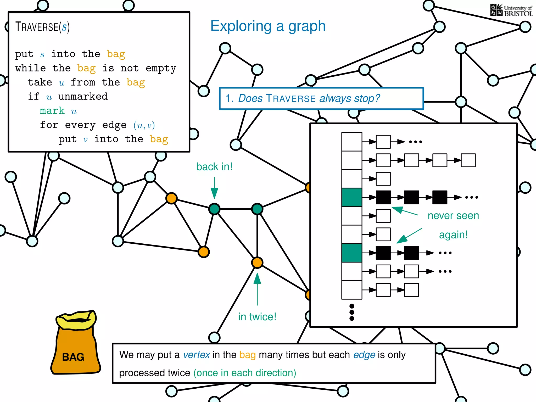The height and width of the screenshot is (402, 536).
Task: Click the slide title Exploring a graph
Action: (x=268, y=26)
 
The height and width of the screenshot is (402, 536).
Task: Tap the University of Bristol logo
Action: (x=511, y=10)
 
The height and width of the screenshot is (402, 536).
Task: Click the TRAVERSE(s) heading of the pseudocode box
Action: (x=42, y=27)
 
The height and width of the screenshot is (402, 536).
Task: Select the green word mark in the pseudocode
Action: (x=52, y=111)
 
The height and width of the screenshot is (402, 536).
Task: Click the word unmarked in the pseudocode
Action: (x=83, y=97)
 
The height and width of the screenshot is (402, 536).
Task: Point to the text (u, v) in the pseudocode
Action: (x=144, y=125)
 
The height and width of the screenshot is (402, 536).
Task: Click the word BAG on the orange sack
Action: (x=73, y=357)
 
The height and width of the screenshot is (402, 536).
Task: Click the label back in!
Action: (x=214, y=167)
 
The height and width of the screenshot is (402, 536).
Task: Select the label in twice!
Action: (x=257, y=317)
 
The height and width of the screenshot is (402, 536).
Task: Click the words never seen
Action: (x=453, y=216)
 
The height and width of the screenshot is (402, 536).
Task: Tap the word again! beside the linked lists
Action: (x=453, y=235)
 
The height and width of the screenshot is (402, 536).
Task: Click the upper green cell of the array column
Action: (x=352, y=197)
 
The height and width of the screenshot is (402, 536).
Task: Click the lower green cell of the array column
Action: (x=352, y=253)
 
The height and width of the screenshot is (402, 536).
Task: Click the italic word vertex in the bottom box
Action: (x=196, y=355)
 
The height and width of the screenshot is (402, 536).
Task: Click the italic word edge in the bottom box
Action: (x=364, y=355)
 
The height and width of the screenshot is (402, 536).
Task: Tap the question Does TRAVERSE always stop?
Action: (x=309, y=99)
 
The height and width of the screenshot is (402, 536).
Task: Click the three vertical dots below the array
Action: (x=352, y=312)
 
